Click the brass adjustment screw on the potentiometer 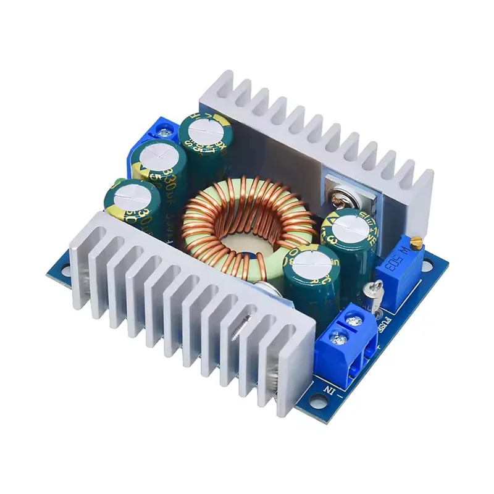(x=417, y=241)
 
